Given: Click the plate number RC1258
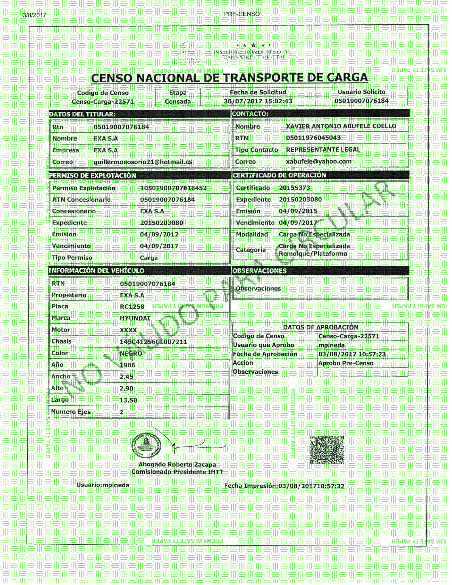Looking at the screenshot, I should coord(132,306).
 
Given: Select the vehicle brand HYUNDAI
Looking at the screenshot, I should coord(135,318).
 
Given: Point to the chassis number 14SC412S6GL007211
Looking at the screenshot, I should coord(153,342).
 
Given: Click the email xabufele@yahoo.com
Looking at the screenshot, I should coord(319,162).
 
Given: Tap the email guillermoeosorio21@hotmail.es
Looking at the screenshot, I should coord(143,162).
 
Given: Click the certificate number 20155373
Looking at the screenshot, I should coord(294,188).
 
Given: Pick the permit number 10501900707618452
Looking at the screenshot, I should coord(173,188).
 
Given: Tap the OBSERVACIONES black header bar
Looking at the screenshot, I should coord(320,271).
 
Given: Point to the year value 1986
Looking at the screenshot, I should coord(128,365).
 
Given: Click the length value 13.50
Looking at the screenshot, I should coord(128,400).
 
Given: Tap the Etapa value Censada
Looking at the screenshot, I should coord(178,102).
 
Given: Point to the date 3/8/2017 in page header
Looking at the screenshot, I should coord(35,15).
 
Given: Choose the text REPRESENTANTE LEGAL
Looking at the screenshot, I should coord(323,149).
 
